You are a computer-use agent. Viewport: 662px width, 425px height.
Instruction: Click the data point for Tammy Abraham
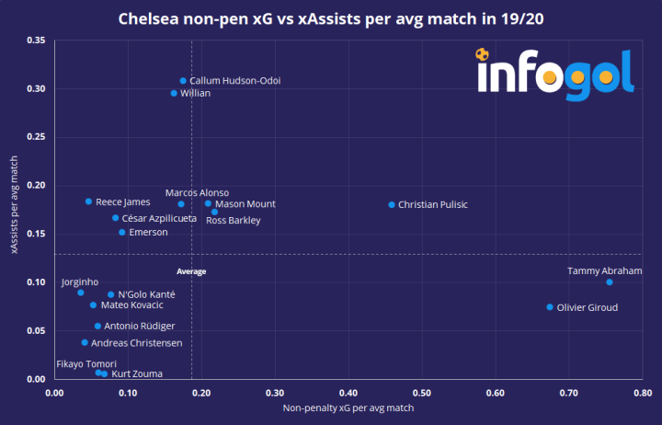(610, 281)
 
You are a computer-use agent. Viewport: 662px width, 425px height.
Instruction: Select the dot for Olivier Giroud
(550, 307)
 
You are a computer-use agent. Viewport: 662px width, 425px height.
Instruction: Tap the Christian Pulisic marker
(392, 204)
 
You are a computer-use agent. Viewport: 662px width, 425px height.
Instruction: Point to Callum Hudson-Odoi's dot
(183, 81)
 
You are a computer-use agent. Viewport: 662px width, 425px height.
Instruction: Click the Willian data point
(174, 93)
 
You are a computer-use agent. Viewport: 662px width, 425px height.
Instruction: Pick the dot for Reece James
(88, 201)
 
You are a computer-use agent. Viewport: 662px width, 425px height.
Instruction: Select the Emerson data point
(121, 232)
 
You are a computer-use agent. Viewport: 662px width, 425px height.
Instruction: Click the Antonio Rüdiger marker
(97, 326)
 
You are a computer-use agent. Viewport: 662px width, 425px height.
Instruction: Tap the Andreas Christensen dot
(85, 342)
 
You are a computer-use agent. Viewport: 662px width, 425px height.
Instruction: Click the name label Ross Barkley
(234, 221)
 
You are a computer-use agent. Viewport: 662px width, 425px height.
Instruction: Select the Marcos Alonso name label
(197, 193)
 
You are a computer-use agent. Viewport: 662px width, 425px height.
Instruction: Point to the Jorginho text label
(79, 281)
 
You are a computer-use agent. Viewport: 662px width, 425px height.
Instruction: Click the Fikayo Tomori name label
(86, 364)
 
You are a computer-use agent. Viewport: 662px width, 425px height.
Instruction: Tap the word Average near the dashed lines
(191, 271)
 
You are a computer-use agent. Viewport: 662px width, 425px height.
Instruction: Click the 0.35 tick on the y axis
(36, 40)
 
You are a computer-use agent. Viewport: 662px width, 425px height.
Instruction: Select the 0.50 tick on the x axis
(421, 393)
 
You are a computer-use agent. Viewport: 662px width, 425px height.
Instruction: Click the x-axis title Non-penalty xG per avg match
(348, 407)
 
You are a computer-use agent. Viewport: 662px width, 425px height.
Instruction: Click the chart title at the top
(331, 17)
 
